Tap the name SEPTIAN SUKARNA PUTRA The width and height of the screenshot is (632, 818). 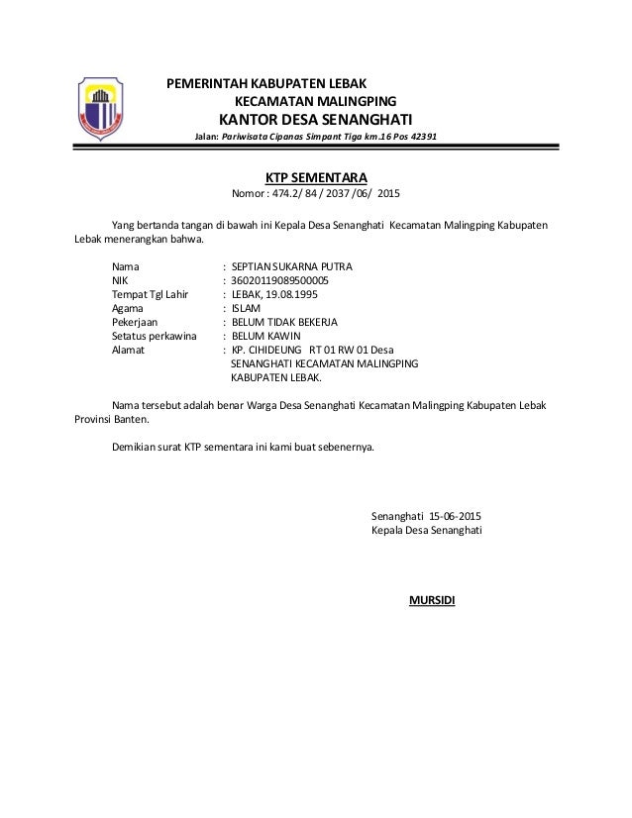click(x=290, y=266)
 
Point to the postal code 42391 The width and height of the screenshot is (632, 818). click(x=421, y=139)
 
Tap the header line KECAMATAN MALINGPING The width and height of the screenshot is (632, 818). click(x=314, y=102)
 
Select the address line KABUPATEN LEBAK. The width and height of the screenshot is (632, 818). click(x=276, y=377)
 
